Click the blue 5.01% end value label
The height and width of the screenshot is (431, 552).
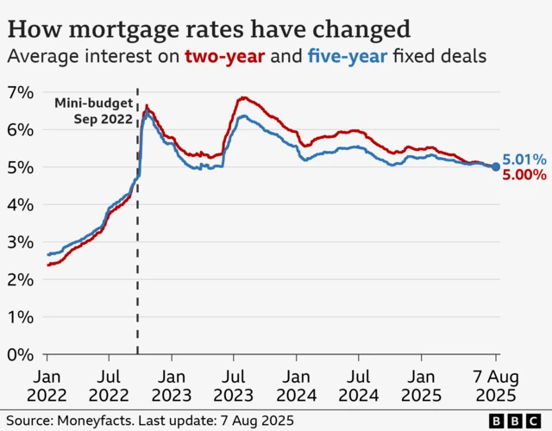coord(524,159)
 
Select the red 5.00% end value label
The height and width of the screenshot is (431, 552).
coord(524,175)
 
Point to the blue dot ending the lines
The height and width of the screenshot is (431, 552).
coord(496,167)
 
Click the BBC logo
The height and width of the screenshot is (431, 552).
coord(518,420)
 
